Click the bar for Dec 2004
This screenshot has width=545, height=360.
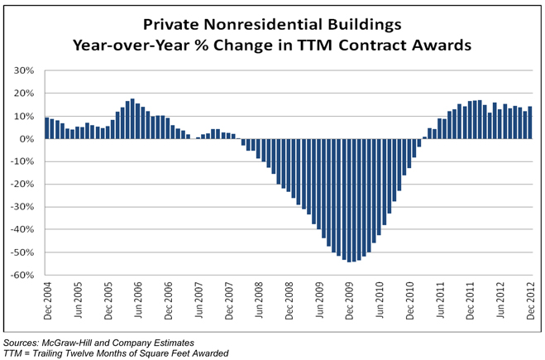[47, 128]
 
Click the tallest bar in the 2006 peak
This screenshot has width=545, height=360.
[132, 119]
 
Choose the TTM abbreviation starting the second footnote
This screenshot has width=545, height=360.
[14, 353]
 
